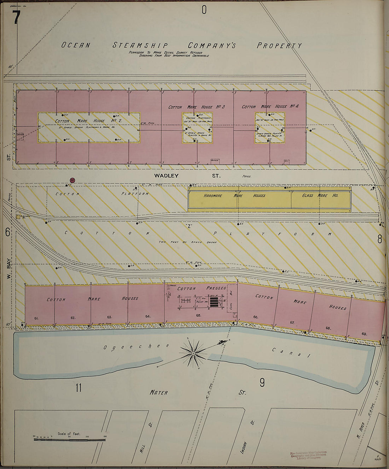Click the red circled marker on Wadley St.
[x=72, y=180]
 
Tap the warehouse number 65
[x=198, y=315]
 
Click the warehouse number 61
[x=36, y=318]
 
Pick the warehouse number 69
[x=364, y=333]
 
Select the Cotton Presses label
[x=202, y=288]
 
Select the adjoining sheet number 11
[x=78, y=388]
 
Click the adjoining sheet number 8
[x=379, y=239]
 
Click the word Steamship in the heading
[x=140, y=45]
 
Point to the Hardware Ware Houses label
[x=234, y=195]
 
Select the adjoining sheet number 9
[x=262, y=382]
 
